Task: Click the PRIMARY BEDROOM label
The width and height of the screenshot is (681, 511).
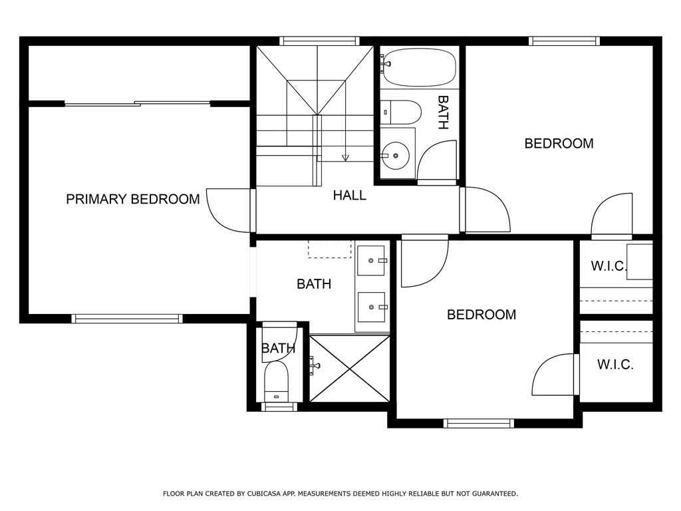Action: [x=133, y=199]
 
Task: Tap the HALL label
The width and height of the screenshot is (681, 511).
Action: [x=349, y=196]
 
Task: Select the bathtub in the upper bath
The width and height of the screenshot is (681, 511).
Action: [x=420, y=67]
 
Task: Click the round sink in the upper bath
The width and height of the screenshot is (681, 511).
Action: [x=395, y=155]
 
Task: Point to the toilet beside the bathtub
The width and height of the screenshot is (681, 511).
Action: [x=401, y=112]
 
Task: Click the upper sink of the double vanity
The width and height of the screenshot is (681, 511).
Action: [x=371, y=260]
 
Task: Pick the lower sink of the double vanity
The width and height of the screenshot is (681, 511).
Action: [x=371, y=307]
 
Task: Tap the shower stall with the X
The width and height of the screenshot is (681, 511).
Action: [x=350, y=369]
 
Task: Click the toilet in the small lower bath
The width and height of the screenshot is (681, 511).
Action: [x=276, y=381]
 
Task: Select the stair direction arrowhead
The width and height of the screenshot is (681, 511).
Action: [x=345, y=158]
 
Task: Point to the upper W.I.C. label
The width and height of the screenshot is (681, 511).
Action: [x=609, y=265]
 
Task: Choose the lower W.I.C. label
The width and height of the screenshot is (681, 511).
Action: [x=615, y=364]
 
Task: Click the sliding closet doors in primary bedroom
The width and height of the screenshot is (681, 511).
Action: [x=137, y=103]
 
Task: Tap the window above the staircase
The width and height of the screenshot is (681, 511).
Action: [x=319, y=41]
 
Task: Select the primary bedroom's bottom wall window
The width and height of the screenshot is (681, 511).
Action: [x=127, y=319]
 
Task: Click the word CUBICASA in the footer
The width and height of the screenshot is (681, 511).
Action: [x=262, y=494]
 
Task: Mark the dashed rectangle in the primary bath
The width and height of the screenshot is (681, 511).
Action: [x=329, y=250]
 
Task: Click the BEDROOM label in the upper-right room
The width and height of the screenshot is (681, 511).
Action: [x=559, y=144]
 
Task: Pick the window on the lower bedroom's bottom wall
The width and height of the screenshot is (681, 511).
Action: [x=479, y=423]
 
